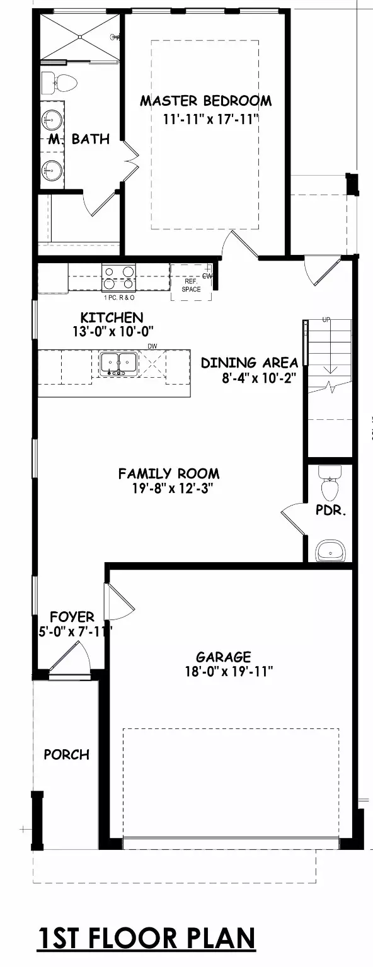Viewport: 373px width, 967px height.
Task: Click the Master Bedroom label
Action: tap(205, 101)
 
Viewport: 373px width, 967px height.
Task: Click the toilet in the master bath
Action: tap(60, 82)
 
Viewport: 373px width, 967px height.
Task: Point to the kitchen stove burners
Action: tap(118, 278)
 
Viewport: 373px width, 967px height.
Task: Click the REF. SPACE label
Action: tap(192, 286)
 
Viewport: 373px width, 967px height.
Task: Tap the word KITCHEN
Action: tap(112, 318)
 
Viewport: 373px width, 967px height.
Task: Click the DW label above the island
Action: tap(152, 346)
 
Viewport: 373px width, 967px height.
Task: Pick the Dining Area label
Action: tap(250, 363)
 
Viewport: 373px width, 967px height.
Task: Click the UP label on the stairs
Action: tap(326, 320)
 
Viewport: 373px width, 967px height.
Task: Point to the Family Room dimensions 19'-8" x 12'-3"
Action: tap(169, 489)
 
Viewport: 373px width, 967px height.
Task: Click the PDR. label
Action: tap(331, 511)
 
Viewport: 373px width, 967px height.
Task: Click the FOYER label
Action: tap(72, 618)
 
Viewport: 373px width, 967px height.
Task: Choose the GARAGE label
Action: tap(223, 657)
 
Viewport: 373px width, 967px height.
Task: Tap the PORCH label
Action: tap(67, 754)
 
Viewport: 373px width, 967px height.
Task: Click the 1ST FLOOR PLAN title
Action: tap(146, 937)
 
